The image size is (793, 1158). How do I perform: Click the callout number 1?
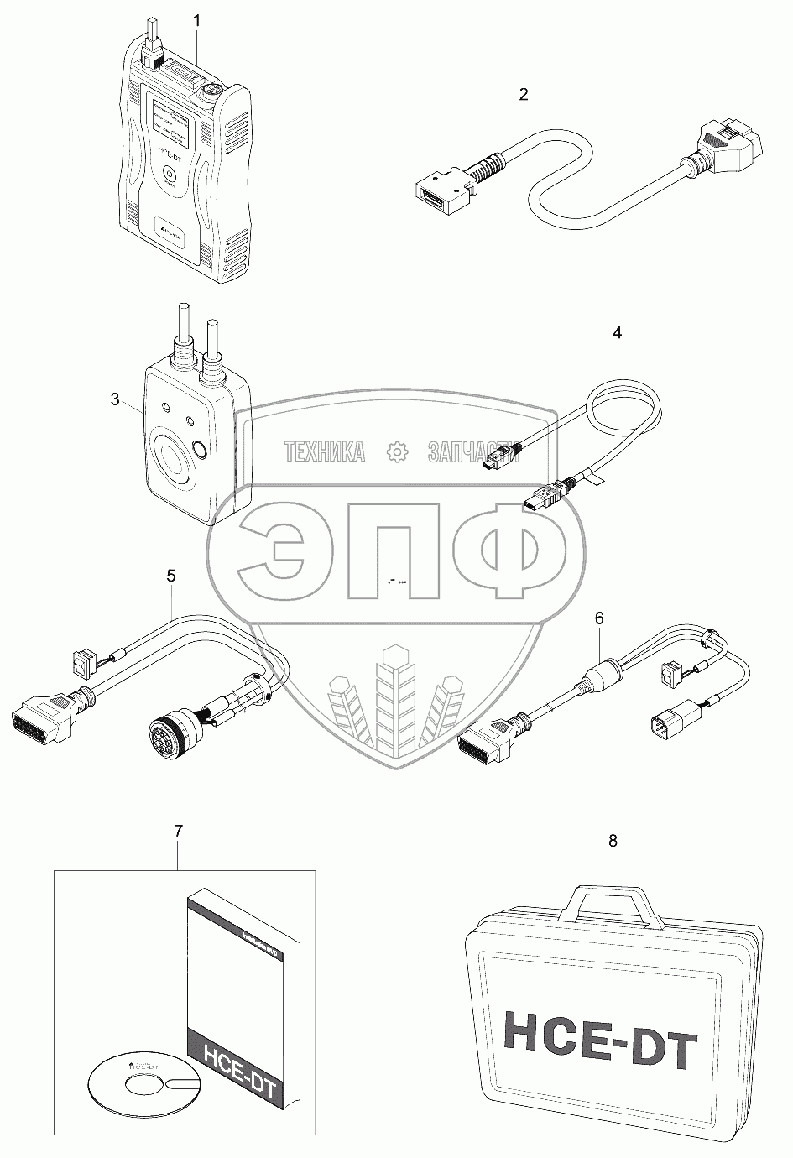click(196, 18)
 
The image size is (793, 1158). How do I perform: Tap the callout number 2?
click(523, 95)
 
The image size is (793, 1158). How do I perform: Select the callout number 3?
click(115, 399)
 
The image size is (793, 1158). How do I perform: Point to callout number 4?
click(618, 333)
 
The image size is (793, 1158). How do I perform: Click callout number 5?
click(171, 576)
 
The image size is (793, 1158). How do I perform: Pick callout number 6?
click(598, 618)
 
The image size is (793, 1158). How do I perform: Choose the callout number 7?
click(178, 831)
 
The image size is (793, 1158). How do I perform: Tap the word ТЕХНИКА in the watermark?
click(326, 452)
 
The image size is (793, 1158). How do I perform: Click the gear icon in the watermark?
click(396, 452)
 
